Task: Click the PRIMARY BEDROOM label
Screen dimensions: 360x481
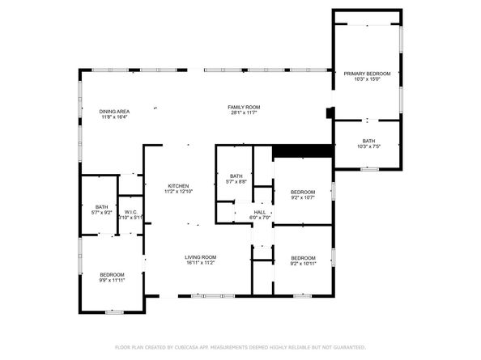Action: coord(367,74)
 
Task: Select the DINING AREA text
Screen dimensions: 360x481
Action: coord(115,111)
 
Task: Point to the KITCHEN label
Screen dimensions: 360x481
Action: coord(178,185)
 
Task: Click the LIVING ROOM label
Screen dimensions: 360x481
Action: coord(200,257)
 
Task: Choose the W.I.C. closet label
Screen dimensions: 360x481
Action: coord(130,212)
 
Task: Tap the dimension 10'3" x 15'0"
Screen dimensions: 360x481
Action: coord(367,79)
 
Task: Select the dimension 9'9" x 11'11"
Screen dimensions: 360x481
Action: coord(112,281)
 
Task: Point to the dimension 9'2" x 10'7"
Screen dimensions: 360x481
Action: coord(302,197)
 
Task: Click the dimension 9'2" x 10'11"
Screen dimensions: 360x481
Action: coord(302,263)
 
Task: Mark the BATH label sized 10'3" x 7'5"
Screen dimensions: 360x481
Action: coord(368,142)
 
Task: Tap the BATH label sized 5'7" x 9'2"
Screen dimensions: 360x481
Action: coord(101,207)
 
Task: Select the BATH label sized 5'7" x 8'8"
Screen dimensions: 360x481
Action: coord(236,176)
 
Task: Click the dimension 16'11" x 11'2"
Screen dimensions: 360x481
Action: coord(200,263)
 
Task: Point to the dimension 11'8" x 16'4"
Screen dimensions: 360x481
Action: coord(115,116)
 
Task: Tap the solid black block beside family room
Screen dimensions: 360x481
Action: coord(303,151)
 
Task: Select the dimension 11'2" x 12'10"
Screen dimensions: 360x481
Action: coord(178,191)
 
